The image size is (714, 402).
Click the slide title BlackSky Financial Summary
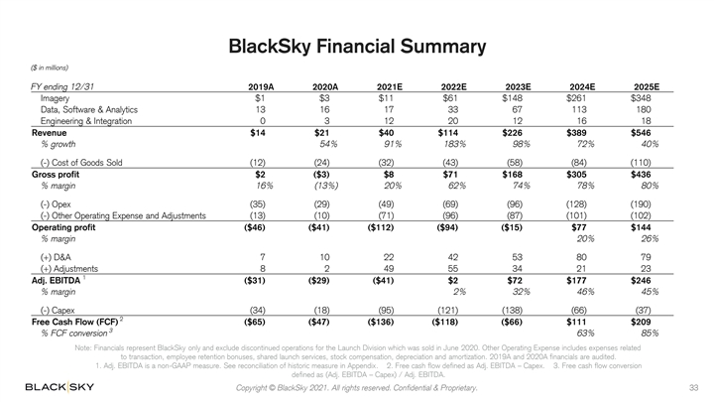(x=357, y=46)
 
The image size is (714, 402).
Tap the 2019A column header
(x=262, y=87)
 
